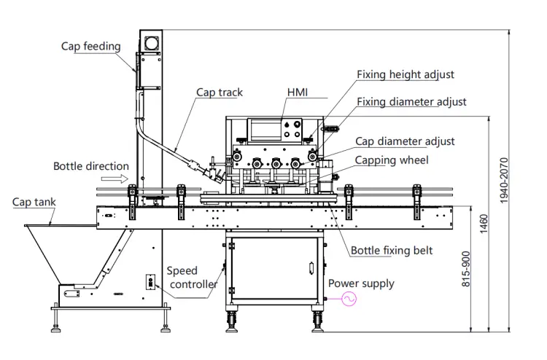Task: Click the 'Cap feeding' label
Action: coord(90,47)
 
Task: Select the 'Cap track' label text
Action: coord(219,93)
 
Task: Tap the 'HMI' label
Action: coord(298,93)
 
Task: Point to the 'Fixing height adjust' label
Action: coord(406,74)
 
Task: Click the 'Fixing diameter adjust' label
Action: coord(411,102)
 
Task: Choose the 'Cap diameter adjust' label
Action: coord(405,141)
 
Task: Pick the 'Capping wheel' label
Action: coord(392,160)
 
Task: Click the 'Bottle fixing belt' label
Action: coord(392,251)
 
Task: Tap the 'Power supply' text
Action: coord(361,283)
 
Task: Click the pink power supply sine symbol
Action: coord(349,299)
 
